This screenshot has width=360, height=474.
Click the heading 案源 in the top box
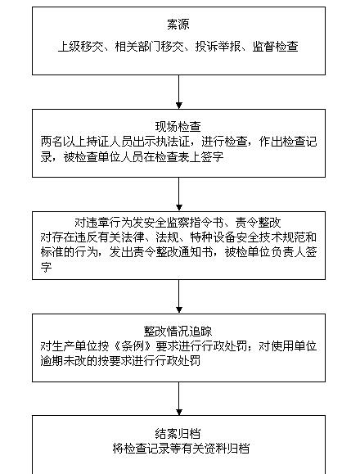(178, 25)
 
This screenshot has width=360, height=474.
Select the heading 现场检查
(178, 127)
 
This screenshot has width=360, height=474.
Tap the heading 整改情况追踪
(178, 332)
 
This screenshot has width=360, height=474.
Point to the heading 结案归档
(178, 434)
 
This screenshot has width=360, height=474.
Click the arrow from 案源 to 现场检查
(179, 92)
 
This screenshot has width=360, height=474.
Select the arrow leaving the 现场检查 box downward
(179, 194)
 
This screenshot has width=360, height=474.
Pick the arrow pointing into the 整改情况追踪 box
(179, 296)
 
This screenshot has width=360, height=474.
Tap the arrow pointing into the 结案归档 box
(179, 399)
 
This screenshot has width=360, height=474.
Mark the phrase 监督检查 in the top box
(276, 47)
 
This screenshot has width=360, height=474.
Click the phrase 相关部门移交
(150, 47)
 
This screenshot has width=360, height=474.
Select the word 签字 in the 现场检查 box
(212, 157)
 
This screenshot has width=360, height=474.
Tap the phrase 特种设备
(213, 237)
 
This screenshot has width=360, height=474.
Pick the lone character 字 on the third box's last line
(46, 267)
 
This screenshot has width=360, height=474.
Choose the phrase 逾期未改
(64, 361)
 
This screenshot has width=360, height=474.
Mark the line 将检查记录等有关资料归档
(181, 449)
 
